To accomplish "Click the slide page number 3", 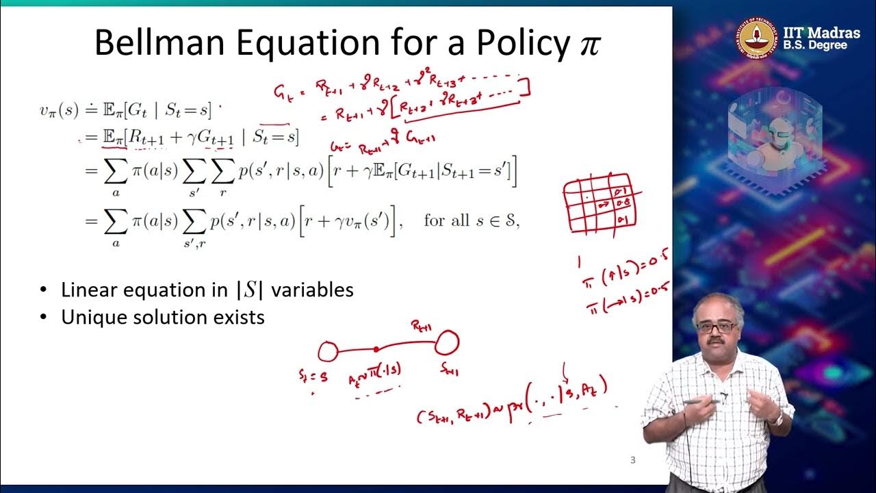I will tap(632, 460).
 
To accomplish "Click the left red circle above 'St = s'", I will tap(328, 352).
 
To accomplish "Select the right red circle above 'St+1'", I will tap(448, 341).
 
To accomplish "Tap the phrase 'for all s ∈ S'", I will tap(472, 221).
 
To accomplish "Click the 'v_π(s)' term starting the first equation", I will tap(59, 110).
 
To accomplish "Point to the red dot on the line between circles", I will tap(376, 349).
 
